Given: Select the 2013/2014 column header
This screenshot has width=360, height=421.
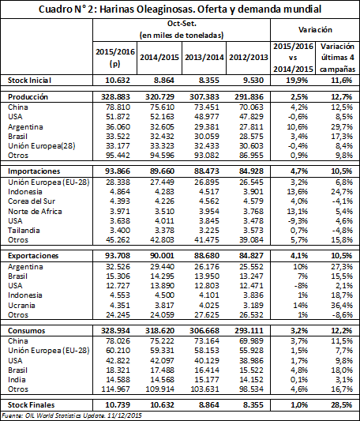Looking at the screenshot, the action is pos(204,58).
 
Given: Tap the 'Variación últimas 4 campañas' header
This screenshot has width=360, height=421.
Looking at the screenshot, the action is pos(337,58).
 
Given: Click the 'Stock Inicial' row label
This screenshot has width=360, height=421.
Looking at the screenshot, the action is pos(29,81).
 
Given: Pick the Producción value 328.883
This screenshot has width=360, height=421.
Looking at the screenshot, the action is pos(115,97).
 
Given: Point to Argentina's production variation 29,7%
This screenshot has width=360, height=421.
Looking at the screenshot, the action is pos(342,126).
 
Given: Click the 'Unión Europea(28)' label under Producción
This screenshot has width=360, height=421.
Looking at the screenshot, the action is pos(42,146).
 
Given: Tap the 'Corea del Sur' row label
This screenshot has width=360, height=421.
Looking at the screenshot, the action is pos(32,201).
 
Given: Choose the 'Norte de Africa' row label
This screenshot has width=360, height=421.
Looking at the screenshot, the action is pos(35,212).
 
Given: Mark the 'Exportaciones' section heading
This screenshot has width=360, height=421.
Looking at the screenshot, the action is pos(33,256).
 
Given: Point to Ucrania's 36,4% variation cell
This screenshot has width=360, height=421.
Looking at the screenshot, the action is pos(342,305).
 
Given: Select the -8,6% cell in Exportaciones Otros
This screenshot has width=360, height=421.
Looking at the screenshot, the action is pos(343,314).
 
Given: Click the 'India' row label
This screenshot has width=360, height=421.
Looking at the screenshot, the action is pos(17,380).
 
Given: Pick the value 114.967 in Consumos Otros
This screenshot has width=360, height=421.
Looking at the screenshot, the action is pos(116,389).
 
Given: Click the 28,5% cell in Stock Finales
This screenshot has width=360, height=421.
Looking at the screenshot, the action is pos(342,405).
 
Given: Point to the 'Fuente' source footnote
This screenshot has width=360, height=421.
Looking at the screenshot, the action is pos(72,415).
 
